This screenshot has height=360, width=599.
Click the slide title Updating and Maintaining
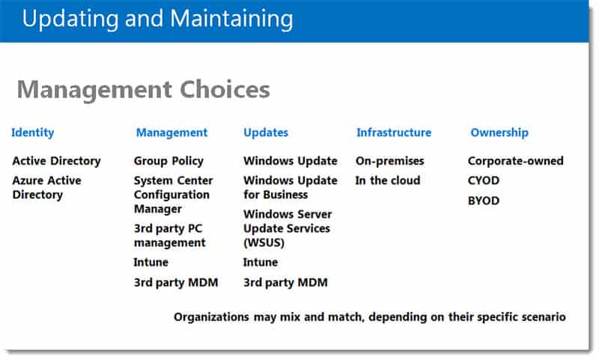tap(157, 19)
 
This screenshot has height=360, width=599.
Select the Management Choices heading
tap(144, 91)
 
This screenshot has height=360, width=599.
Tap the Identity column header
tap(33, 133)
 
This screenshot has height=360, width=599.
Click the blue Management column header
tap(172, 133)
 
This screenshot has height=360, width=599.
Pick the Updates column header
tap(266, 133)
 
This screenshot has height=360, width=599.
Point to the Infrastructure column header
tap(394, 132)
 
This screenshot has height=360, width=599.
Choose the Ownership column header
tap(499, 133)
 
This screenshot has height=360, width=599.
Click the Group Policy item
tap(168, 161)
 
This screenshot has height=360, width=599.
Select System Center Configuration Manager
tap(174, 195)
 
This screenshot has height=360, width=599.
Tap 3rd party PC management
tap(170, 236)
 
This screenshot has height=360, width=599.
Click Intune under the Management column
tap(151, 262)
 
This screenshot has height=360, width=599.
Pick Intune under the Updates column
tap(261, 262)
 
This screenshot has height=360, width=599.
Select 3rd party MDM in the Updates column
tap(285, 282)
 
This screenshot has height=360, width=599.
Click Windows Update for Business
tap(291, 187)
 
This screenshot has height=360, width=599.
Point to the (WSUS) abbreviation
tap(264, 242)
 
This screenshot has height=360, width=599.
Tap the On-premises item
tap(389, 161)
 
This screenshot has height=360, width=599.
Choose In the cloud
tap(388, 180)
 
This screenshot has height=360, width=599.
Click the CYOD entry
tap(484, 180)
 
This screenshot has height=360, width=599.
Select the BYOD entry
tap(484, 201)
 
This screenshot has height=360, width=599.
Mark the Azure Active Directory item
tap(46, 187)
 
